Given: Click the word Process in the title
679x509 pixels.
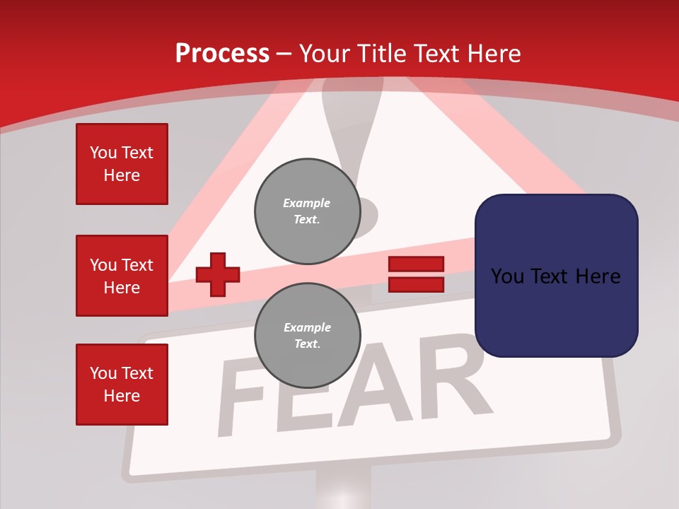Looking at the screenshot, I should coord(222,54).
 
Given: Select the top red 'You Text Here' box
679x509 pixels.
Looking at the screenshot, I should coord(122,164).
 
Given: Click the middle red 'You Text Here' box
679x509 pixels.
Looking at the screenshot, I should coord(122,276).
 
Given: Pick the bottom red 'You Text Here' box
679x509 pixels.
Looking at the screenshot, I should coord(122,385).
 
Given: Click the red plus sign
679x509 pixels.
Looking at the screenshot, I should coord(218,274).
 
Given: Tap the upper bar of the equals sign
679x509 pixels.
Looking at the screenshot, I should coord(416,264).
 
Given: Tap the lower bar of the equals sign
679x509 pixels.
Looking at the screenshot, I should coord(416,284).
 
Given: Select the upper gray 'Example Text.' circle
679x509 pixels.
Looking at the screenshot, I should coord(307,211).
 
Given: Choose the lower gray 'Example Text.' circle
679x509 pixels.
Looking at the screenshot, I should coord(307,335).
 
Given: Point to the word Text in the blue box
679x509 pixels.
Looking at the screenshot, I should coord(556,276).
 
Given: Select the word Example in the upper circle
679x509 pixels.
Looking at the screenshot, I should coord(306,203).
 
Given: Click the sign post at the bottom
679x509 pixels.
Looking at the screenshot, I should coord(343,491).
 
